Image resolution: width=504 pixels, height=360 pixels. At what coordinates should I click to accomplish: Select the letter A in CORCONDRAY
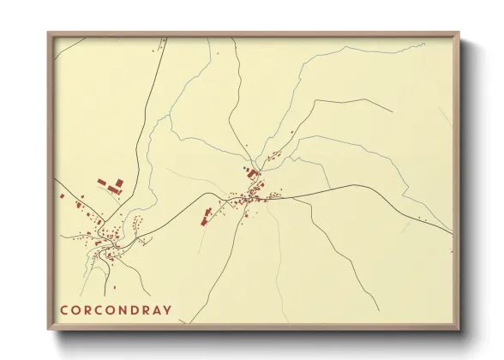153,310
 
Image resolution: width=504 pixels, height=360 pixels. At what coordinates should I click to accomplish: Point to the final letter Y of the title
166,310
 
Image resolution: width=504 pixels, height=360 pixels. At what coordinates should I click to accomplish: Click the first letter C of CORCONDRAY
64,310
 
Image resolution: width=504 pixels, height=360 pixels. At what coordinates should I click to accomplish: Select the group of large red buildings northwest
110,185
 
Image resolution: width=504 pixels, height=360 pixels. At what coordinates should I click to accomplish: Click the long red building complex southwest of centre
206,215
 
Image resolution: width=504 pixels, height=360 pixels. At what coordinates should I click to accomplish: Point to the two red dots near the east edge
423,221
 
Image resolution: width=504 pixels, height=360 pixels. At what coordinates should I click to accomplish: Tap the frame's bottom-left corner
48,329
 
